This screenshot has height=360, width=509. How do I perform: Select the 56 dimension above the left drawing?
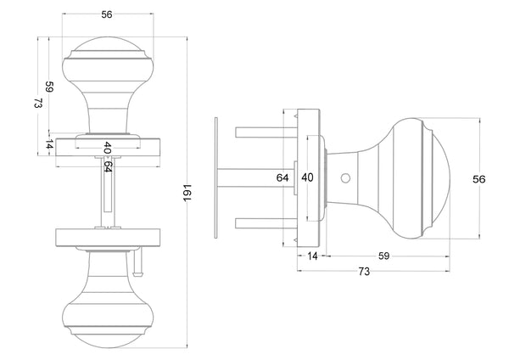click(106, 14)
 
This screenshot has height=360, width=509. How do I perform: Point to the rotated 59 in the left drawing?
click(50, 87)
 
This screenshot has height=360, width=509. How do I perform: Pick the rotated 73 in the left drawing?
click(38, 104)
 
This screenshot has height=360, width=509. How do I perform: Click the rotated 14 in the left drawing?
click(49, 146)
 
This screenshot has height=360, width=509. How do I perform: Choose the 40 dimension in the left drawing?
click(107, 147)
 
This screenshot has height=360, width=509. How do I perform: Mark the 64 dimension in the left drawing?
click(107, 166)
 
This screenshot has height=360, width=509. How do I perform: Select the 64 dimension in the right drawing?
click(283, 178)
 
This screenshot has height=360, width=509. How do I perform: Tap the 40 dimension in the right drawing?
click(307, 178)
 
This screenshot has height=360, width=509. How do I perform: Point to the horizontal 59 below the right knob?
click(384, 256)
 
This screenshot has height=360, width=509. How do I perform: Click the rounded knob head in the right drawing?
click(416, 178)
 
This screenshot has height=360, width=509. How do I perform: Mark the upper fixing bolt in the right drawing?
click(263, 132)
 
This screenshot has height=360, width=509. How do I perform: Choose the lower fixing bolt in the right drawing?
click(263, 224)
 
